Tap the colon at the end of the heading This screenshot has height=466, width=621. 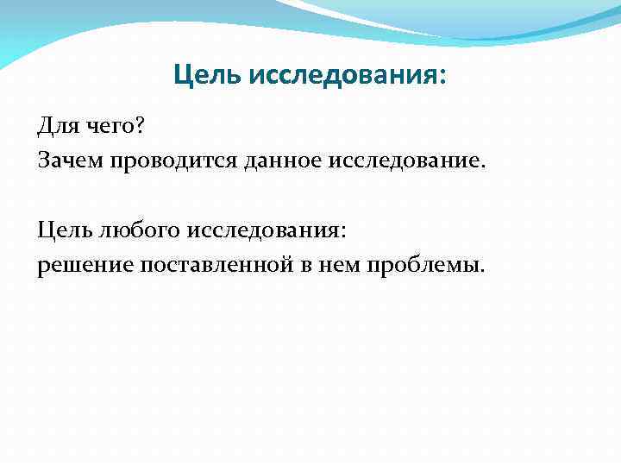click(443, 78)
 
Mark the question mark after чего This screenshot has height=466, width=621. click(141, 128)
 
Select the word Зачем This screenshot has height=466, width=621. click(68, 161)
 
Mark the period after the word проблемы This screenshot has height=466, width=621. click(482, 269)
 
